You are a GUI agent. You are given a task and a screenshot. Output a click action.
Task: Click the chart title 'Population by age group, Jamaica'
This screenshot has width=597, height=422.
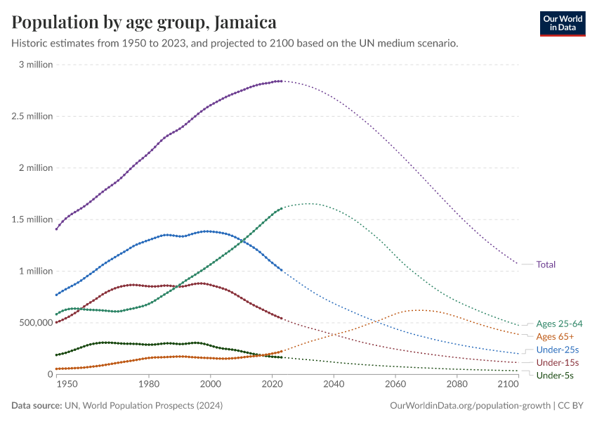[144, 23]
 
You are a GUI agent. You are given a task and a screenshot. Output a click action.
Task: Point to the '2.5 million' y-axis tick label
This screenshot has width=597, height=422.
[32, 116]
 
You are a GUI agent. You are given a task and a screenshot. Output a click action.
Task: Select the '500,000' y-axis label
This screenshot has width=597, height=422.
[33, 322]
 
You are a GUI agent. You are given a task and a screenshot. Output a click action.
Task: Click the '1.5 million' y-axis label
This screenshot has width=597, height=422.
[32, 219]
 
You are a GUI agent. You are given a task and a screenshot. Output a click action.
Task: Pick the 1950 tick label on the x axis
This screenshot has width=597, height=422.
[67, 385]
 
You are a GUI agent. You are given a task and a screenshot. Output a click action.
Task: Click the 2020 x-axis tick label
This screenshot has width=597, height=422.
[272, 385]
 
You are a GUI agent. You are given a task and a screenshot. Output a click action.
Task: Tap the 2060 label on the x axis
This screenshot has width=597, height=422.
[395, 385]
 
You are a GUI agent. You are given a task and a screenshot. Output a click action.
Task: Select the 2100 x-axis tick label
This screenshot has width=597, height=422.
[507, 385]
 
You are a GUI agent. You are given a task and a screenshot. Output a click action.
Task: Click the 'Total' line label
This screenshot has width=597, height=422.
[546, 264]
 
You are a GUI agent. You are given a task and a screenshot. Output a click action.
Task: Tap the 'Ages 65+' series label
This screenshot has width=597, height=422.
[555, 337]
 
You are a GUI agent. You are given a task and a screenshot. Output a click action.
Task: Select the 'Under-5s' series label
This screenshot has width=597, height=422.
[554, 376]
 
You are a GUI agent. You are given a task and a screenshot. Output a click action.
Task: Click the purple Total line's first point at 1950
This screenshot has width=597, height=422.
[57, 229]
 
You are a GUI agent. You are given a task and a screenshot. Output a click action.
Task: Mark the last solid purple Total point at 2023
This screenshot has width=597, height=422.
[281, 82]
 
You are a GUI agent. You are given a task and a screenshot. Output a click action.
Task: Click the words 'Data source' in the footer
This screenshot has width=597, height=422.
[36, 406]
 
